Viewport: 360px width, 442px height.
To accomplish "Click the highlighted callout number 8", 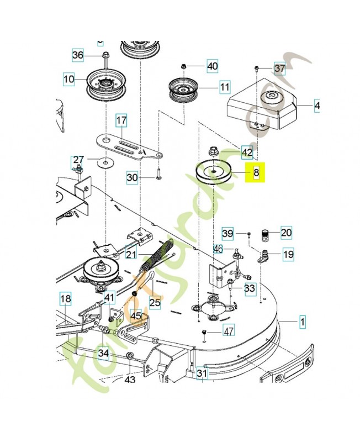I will [256, 173].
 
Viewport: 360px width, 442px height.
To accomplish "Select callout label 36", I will [78, 55].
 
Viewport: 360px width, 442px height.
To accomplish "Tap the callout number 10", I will [68, 80].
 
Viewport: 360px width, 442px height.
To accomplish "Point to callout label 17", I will [121, 120].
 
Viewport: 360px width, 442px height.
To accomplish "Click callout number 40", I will [212, 67].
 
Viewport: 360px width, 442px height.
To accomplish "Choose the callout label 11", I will [224, 87].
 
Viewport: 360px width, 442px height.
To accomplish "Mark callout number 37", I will [279, 69].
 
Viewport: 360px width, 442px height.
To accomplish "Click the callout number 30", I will [132, 177].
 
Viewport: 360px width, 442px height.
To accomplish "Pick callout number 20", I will [286, 233].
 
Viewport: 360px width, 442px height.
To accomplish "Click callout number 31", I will [202, 374].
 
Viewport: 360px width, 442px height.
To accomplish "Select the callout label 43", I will [129, 380].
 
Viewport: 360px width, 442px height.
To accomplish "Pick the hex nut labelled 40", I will [184, 67].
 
